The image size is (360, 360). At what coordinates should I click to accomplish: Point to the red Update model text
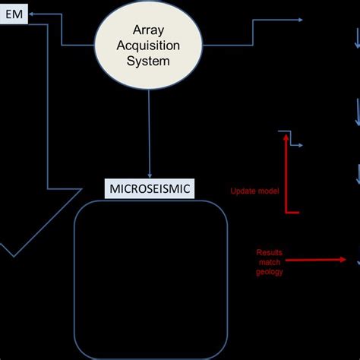[254, 191]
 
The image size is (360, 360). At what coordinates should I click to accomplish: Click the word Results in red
[268, 251]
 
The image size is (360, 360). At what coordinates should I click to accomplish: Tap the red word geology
[269, 271]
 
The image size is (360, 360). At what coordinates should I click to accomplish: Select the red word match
[270, 261]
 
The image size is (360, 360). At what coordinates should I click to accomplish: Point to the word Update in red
[242, 191]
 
